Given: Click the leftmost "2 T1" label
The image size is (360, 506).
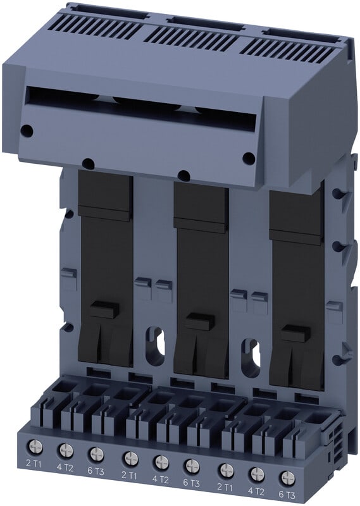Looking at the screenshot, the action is [x=34, y=464].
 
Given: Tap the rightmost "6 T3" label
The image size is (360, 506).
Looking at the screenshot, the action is [x=286, y=495].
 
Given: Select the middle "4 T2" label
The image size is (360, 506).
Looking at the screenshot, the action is [x=161, y=479].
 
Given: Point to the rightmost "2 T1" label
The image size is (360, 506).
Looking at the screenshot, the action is [x=224, y=487].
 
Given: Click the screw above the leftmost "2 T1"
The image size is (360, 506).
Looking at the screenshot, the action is [x=35, y=447].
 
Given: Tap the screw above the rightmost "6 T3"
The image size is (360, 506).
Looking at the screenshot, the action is [x=287, y=478].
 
